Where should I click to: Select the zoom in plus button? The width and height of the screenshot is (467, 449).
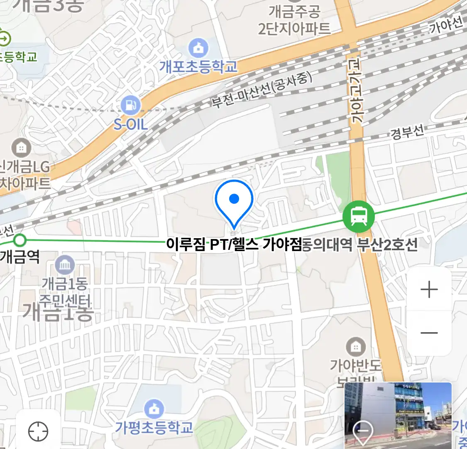(429, 289)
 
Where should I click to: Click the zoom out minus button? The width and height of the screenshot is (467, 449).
(429, 333)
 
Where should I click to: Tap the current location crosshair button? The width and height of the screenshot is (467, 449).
(38, 432)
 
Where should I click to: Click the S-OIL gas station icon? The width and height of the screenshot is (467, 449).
(131, 106)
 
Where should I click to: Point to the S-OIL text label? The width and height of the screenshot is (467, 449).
(131, 124)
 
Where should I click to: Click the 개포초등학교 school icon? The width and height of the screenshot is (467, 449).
(199, 48)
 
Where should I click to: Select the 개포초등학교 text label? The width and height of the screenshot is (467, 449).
(198, 67)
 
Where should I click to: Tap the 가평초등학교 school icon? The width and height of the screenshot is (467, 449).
(154, 409)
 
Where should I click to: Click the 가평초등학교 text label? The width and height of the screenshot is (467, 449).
(154, 427)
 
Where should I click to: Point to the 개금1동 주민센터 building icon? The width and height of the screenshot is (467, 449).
(65, 265)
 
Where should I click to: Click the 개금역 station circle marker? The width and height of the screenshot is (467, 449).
(20, 240)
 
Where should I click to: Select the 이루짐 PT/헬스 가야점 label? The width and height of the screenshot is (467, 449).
(233, 244)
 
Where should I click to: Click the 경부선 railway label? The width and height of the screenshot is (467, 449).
(407, 133)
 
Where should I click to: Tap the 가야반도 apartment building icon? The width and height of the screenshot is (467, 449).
(356, 346)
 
